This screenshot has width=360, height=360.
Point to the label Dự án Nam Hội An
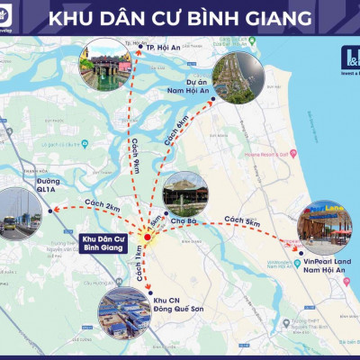tap(188, 87)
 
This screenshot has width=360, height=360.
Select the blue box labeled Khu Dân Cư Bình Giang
tap(92, 241)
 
